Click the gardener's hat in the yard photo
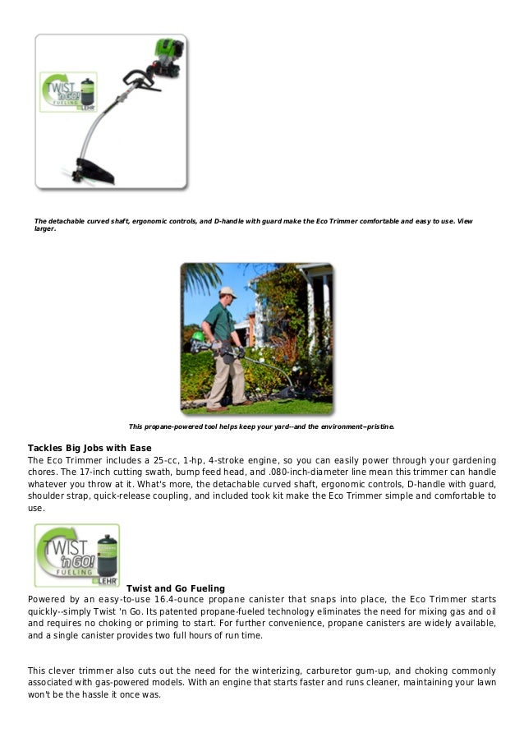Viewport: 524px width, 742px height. click(x=228, y=292)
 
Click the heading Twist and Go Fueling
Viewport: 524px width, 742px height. click(x=175, y=589)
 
